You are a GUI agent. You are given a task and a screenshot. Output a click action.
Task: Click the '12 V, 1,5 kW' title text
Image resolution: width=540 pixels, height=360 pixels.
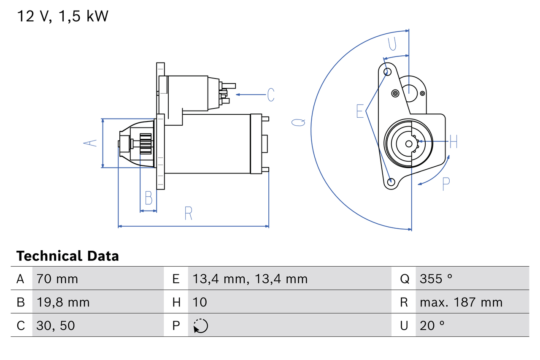[62, 16]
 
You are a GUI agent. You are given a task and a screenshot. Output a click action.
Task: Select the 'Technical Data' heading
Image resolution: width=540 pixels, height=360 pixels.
[67, 256]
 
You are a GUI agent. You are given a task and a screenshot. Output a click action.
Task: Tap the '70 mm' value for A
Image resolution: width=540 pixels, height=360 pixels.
[57, 279]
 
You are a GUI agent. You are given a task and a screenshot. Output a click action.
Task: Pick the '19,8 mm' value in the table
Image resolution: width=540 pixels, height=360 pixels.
[63, 302]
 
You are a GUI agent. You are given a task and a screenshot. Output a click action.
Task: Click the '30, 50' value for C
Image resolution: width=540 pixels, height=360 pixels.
[56, 325]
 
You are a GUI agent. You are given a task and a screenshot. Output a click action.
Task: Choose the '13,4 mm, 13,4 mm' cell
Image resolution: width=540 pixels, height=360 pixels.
[250, 279]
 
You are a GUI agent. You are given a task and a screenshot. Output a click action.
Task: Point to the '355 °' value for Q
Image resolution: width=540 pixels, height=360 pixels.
[436, 279]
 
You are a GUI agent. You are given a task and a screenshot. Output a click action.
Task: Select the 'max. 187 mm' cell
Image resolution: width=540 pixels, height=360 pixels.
[461, 302]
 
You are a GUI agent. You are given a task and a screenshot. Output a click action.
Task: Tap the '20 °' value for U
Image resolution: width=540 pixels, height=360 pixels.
[432, 325]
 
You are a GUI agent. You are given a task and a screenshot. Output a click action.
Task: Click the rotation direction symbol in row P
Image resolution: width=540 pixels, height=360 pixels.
[200, 326]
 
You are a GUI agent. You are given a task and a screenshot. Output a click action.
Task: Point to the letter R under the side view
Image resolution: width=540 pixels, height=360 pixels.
[188, 214]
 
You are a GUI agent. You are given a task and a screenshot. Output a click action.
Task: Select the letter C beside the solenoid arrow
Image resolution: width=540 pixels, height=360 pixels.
[271, 95]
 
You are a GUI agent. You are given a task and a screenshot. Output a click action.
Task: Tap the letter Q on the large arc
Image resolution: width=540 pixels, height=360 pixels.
[299, 122]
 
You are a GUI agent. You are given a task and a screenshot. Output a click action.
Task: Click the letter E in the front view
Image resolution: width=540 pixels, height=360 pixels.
[360, 111]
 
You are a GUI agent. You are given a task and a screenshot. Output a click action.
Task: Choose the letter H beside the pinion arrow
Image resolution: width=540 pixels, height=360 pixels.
[454, 142]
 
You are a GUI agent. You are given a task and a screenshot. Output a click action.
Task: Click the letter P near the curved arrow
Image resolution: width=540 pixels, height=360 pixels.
[446, 184]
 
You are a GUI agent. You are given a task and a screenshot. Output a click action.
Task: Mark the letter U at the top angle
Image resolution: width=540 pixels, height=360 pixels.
[392, 43]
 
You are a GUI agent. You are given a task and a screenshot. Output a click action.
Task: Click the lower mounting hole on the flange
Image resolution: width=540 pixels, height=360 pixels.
[391, 182]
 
